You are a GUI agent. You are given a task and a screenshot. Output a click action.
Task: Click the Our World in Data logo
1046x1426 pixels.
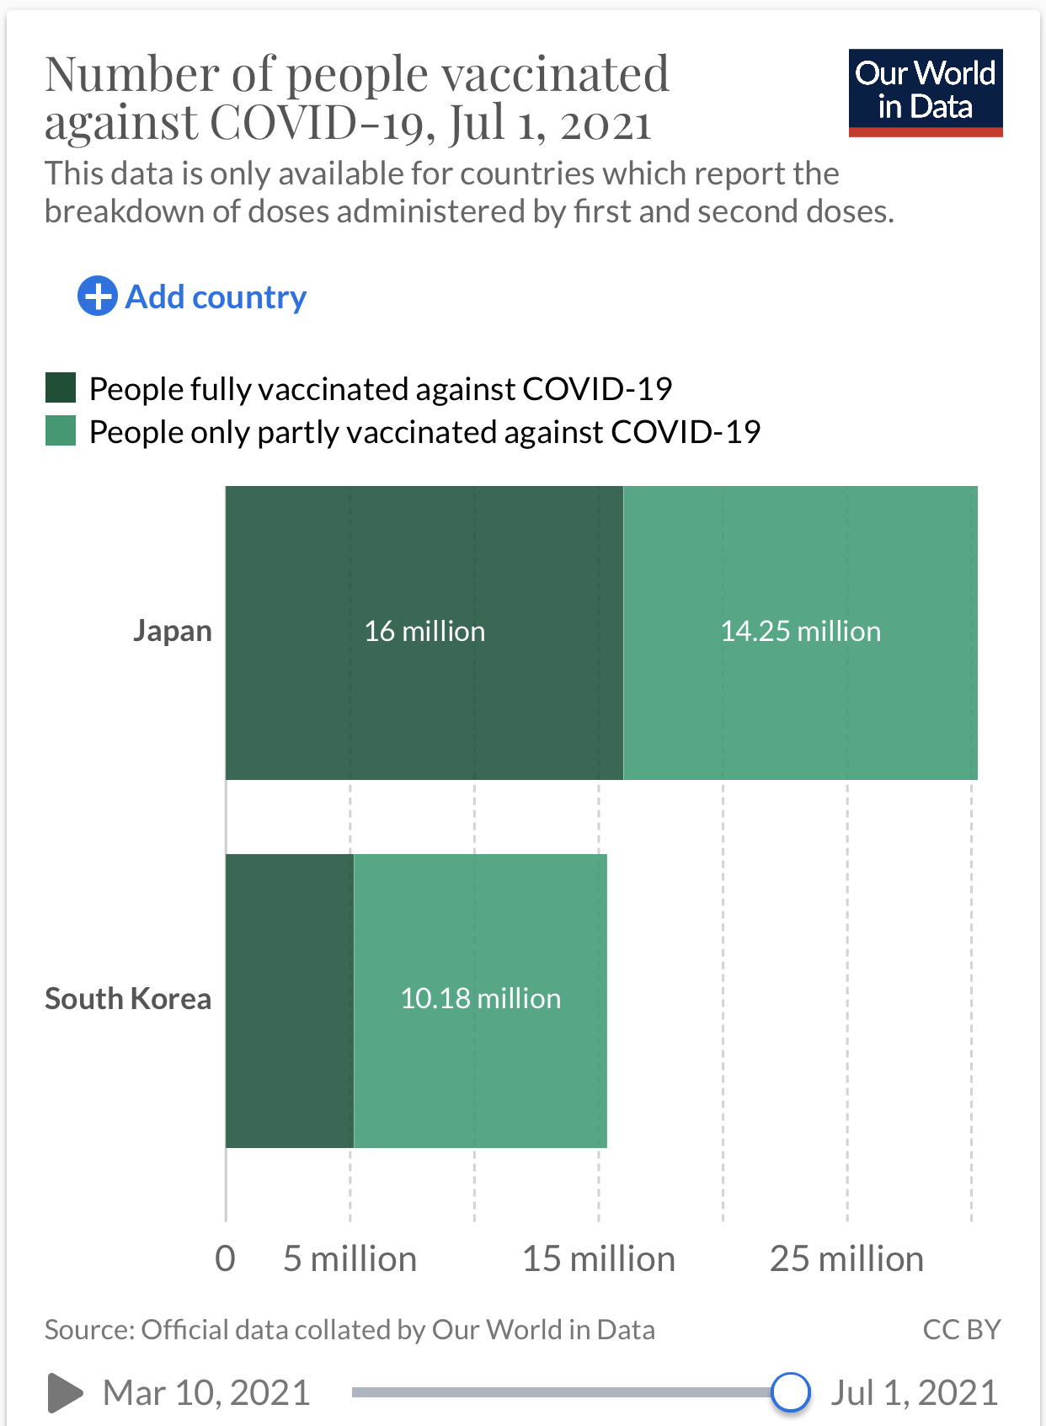925,92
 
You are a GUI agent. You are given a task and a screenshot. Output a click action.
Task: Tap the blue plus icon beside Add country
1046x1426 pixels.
97,296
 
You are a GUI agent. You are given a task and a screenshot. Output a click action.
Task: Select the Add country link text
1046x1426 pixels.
216,296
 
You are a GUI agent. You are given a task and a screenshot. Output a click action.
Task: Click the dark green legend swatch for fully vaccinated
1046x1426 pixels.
61,388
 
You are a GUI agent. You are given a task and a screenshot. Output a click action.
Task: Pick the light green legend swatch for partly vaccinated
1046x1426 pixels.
61,431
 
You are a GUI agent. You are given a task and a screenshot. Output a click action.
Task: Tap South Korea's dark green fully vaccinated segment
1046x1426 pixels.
289,1001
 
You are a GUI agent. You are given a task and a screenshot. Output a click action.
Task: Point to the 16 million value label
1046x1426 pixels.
424,631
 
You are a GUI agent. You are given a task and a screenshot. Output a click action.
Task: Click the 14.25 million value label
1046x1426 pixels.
800,631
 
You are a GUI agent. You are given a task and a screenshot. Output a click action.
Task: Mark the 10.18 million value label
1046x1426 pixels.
480,998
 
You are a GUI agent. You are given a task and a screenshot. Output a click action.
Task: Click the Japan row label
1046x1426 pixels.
173,631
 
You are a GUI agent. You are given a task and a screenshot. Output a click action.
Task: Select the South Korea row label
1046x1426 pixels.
128,998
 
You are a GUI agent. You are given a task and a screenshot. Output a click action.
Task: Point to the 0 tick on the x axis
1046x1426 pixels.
225,1258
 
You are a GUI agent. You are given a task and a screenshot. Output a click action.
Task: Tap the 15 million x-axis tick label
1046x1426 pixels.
599,1258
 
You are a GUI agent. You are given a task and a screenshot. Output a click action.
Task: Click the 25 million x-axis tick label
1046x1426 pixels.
846,1258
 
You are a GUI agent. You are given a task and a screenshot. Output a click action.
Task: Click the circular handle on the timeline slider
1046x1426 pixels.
790,1391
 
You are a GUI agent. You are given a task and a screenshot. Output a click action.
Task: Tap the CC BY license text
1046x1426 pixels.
961,1329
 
